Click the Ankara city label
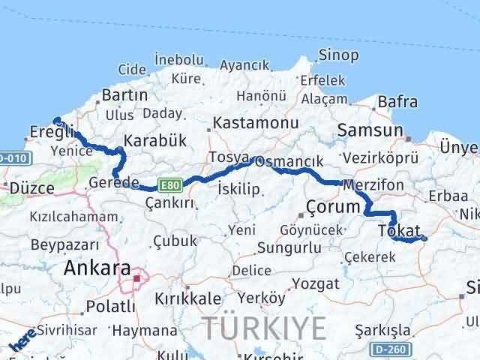97,268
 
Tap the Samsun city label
370,130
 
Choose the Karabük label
154,140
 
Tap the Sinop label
339,55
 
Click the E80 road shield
167,185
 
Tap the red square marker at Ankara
137,279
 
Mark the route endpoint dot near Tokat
424,238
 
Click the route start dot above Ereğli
56,118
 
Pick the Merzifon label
373,184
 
